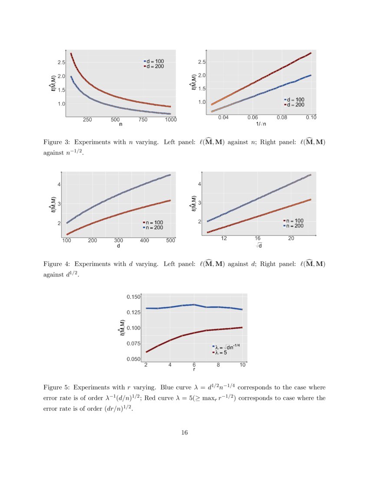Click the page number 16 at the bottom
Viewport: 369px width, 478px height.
click(184, 432)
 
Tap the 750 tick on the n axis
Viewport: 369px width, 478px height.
click(143, 119)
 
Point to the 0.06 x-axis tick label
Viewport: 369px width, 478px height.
click(253, 118)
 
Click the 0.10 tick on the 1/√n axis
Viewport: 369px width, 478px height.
click(311, 118)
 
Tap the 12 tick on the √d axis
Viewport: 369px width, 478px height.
click(224, 239)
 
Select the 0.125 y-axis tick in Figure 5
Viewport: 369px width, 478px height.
click(133, 312)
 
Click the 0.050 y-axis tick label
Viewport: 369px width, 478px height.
click(133, 359)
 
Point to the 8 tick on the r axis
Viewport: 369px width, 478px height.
click(218, 365)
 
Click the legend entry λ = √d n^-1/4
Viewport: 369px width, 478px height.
click(226, 347)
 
